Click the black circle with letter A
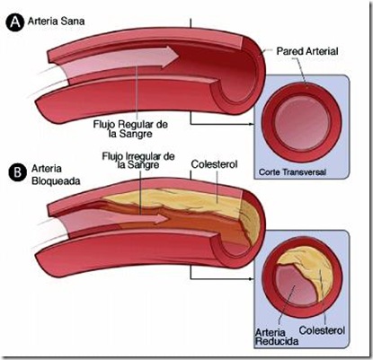pos(14,22)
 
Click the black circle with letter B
pos(18,172)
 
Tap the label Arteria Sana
pos(56,22)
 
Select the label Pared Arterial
pos(307,51)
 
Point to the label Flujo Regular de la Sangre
pos(130,128)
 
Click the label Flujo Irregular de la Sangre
pos(138,161)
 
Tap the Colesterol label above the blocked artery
pos(214,164)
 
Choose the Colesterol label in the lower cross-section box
pos(322,330)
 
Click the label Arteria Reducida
pos(277,337)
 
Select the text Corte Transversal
pos(292,172)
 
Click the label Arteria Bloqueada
pos(56,175)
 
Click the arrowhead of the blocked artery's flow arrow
pos(162,218)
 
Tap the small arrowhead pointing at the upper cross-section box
pos(252,124)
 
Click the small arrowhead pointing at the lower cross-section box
pos(252,279)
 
